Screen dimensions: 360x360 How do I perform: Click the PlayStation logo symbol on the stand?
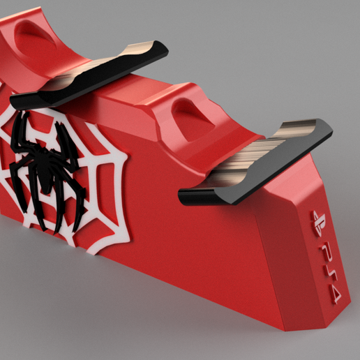315,218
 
